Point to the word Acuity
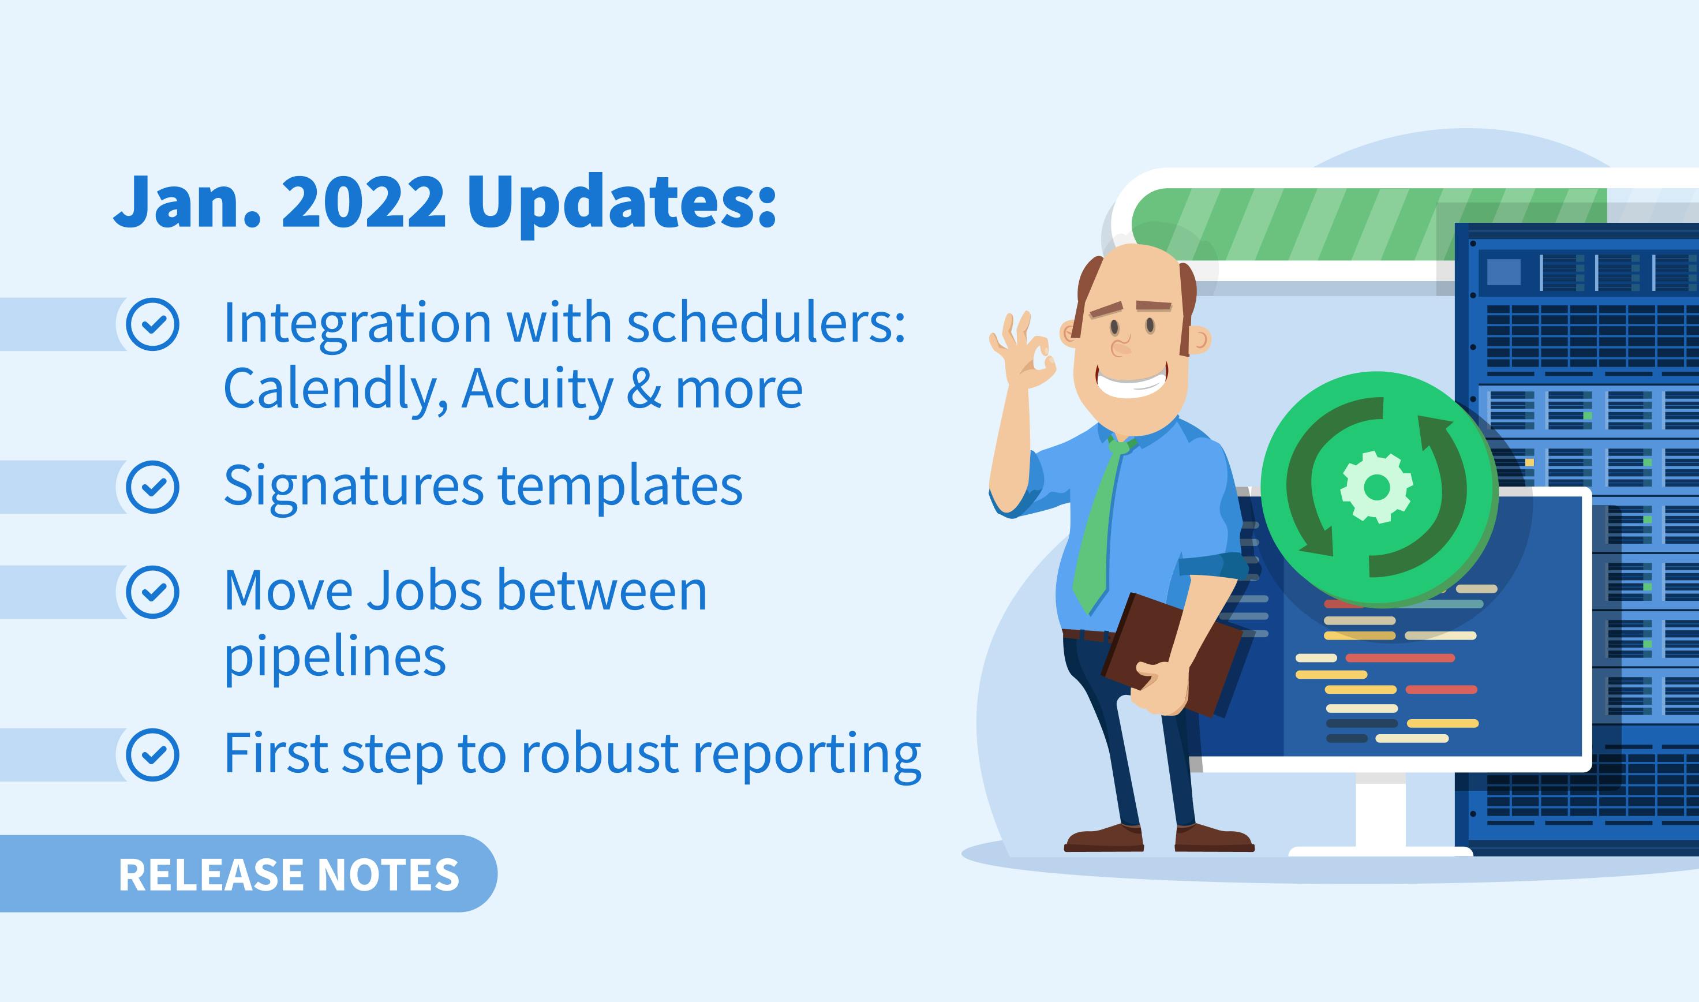pos(537,390)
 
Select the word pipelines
pos(335,659)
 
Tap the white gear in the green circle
pos(1376,487)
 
